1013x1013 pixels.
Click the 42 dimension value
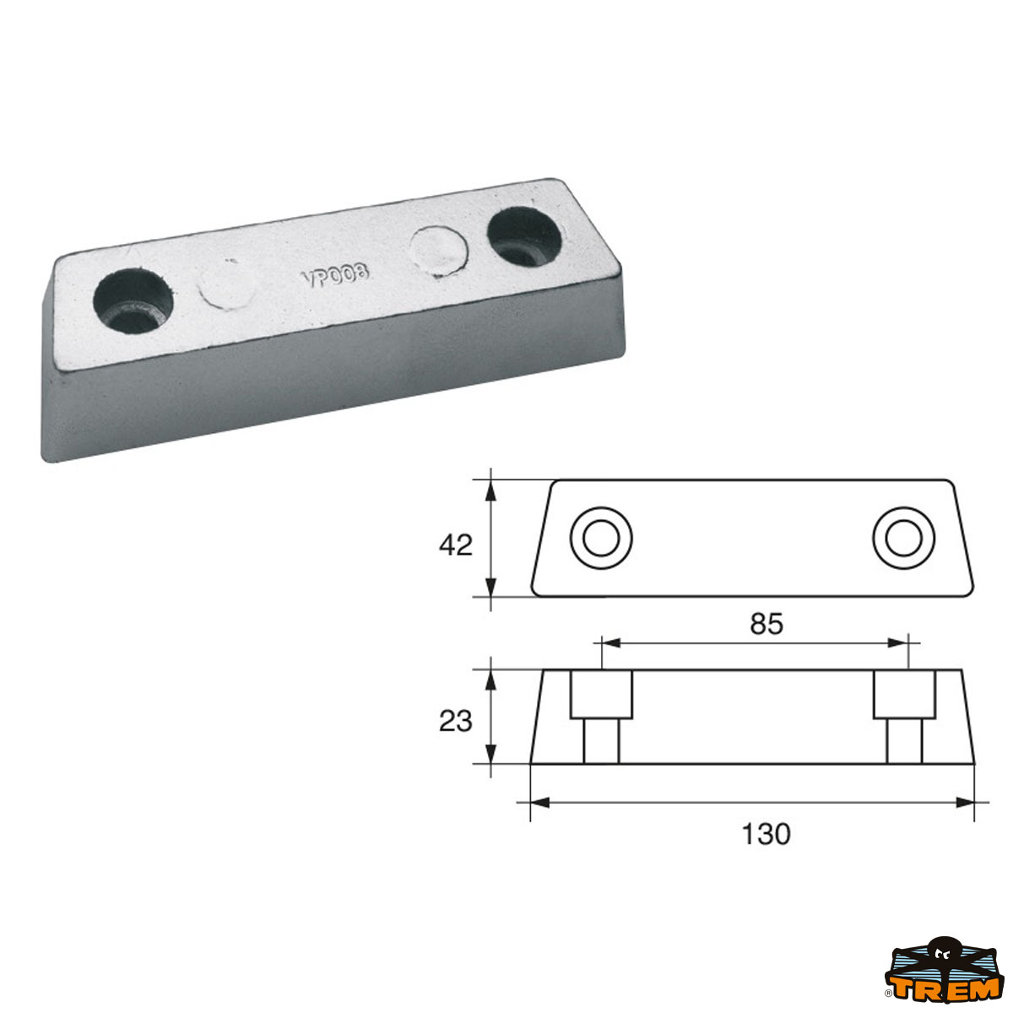coord(456,545)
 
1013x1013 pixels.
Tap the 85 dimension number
coord(767,624)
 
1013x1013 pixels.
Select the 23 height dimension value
coord(456,722)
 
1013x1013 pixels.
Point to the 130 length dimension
coord(766,834)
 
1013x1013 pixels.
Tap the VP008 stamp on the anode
coord(335,274)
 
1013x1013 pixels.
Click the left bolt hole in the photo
coord(133,301)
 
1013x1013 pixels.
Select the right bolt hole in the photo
coord(524,236)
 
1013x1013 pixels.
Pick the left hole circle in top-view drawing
coord(601,539)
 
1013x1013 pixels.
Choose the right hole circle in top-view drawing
coord(903,539)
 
